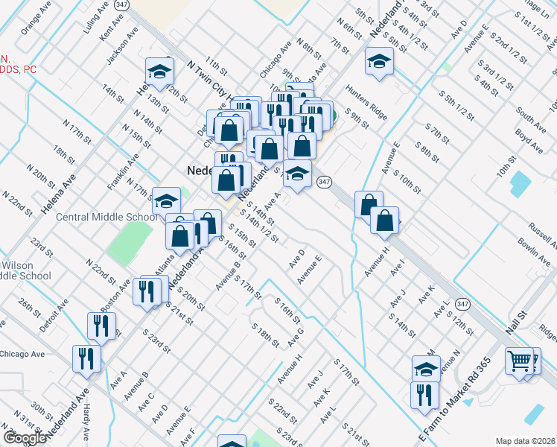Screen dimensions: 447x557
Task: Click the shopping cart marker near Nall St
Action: pos(519,362)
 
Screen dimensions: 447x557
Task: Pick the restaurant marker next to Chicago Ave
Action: pos(87,358)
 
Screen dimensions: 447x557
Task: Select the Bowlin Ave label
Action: pos(533,253)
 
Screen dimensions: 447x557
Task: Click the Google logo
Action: pos(25,437)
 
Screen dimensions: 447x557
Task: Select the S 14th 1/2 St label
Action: pos(263,228)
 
